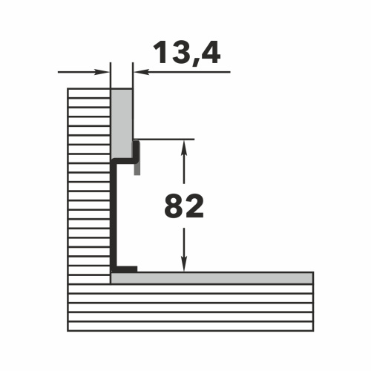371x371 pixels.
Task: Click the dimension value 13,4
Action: click(x=187, y=53)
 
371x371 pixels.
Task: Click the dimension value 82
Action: click(x=184, y=206)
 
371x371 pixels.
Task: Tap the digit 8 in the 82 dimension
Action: click(x=174, y=206)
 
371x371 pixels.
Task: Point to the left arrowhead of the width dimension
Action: click(x=102, y=72)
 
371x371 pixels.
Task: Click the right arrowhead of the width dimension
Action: click(x=141, y=72)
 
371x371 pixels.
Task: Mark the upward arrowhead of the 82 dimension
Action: click(x=184, y=148)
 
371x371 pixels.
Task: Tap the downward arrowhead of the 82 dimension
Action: click(x=184, y=263)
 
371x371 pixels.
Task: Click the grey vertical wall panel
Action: click(x=121, y=124)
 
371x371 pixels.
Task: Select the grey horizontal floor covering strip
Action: click(x=212, y=278)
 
